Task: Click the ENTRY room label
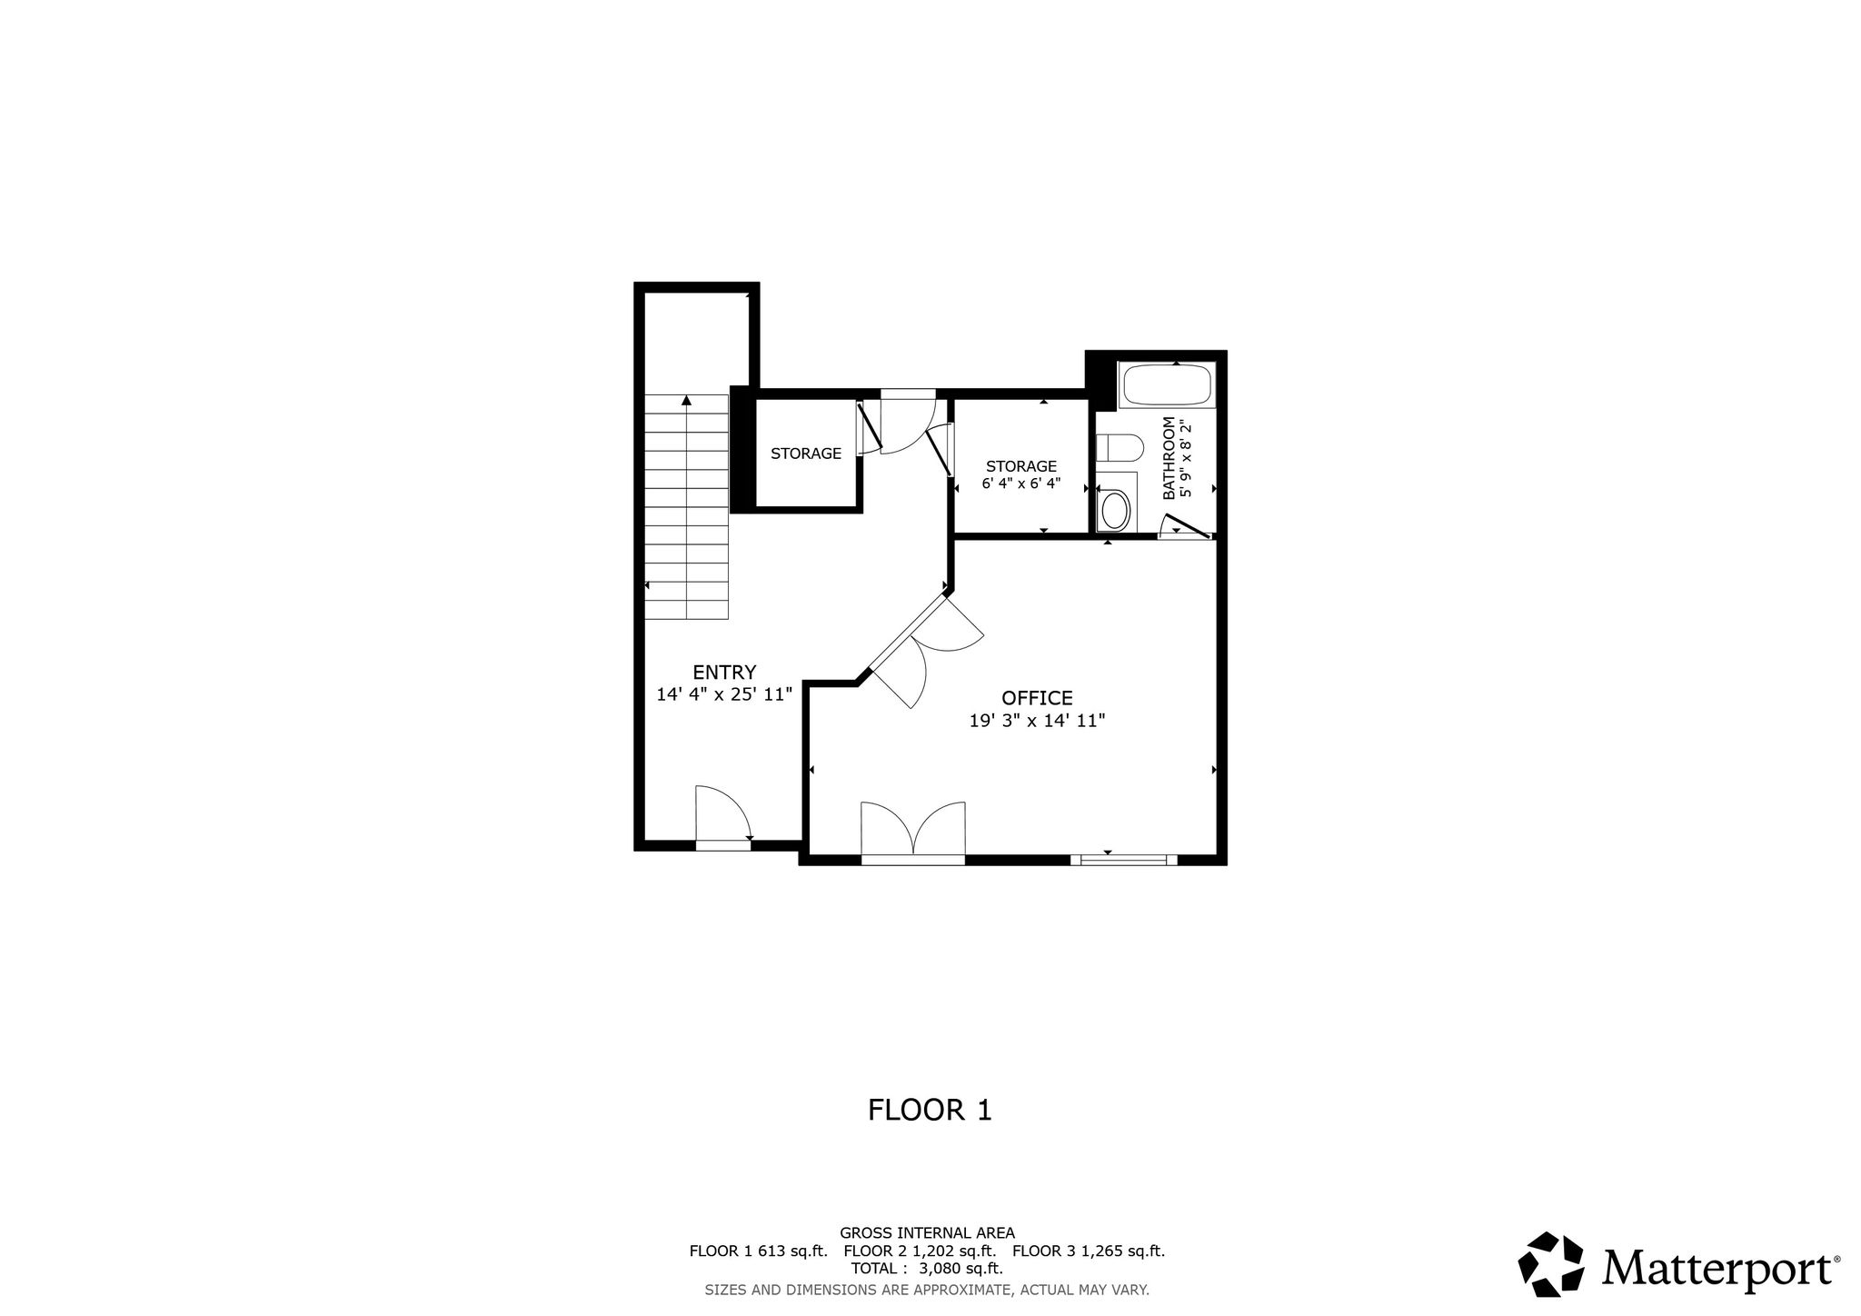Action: click(x=724, y=673)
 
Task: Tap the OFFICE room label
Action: click(x=1037, y=698)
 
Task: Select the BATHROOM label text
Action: click(x=1169, y=458)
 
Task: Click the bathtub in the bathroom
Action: click(x=1168, y=384)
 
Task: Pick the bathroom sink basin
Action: click(x=1115, y=510)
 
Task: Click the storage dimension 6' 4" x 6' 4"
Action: click(x=1021, y=484)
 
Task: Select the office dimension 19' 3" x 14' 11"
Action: click(x=1037, y=721)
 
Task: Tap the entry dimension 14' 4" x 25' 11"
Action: click(x=724, y=694)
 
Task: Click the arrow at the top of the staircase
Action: click(x=686, y=400)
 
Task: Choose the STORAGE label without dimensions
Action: click(x=806, y=454)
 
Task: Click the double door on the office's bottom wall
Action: click(x=912, y=832)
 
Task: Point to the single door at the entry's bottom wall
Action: click(x=723, y=817)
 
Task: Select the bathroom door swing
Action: click(x=1186, y=528)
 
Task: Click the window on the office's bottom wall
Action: click(x=1123, y=859)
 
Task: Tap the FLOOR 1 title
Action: click(x=930, y=1110)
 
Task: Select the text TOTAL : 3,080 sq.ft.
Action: click(x=927, y=1269)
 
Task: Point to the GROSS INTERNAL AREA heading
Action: click(x=927, y=1233)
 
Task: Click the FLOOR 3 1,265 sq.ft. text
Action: click(x=1089, y=1251)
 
